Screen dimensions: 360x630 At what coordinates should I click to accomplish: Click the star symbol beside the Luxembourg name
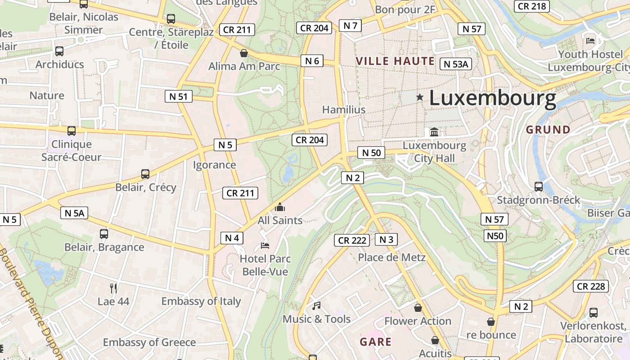tap(420, 97)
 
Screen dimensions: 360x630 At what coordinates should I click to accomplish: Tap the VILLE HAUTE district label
tap(395, 61)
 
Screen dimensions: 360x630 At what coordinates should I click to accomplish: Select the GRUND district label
tap(548, 130)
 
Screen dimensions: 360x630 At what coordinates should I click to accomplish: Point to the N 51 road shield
tap(179, 96)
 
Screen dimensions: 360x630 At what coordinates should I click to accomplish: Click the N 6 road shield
tap(312, 61)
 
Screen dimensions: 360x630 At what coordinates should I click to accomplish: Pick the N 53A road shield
tap(456, 64)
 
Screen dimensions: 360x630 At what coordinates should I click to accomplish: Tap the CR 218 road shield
tap(532, 6)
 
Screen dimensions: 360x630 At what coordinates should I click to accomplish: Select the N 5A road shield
tap(74, 213)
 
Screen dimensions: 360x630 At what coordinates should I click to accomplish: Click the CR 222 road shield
tap(352, 240)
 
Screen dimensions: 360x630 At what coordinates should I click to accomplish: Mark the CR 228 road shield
tap(591, 286)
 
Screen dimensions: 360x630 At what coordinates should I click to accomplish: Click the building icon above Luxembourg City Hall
tap(434, 132)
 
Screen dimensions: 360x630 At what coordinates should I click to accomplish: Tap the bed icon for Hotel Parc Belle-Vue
tap(265, 246)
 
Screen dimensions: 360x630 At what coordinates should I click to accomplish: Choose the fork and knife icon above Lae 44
tap(113, 288)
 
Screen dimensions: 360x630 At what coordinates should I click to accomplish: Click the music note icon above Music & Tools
tap(316, 306)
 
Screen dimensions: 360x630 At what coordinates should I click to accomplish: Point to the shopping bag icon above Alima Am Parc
tap(244, 53)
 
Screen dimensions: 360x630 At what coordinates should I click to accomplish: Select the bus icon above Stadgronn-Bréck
tap(538, 186)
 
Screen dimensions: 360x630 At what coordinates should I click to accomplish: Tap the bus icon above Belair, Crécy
tap(145, 174)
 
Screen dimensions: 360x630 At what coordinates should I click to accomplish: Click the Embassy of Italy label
tap(201, 301)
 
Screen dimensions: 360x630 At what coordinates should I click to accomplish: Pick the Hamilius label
tap(344, 109)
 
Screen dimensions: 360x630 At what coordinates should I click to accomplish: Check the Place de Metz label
tap(391, 257)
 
